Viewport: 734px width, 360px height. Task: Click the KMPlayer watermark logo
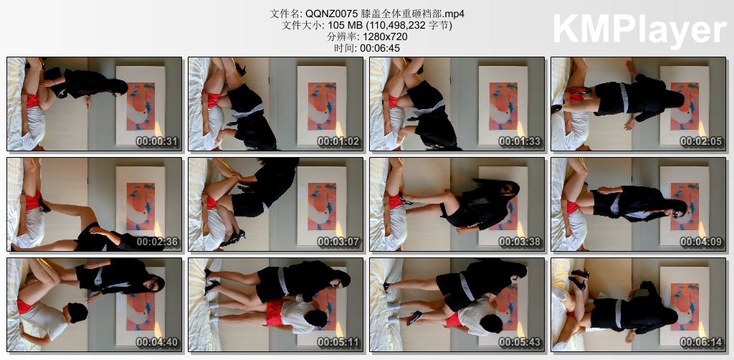coord(639,28)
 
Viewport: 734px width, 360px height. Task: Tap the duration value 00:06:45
coord(380,48)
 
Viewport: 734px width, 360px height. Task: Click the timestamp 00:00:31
coord(157,141)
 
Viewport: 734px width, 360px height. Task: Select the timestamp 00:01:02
coord(339,141)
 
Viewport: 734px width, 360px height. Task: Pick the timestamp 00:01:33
coord(520,141)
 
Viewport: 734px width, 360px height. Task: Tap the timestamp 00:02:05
coord(701,141)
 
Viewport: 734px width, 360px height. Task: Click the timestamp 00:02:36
coord(157,242)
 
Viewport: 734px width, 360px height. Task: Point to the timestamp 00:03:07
coord(339,242)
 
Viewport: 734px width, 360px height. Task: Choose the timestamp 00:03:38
coord(520,242)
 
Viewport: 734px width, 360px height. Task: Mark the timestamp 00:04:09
coord(701,242)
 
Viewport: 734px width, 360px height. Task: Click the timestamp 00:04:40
coord(157,343)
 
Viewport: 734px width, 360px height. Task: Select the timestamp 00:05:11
coord(339,343)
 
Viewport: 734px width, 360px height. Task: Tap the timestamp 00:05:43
coord(520,343)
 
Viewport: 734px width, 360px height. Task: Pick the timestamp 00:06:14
coord(701,343)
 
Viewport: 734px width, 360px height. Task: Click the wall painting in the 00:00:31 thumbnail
coord(140,106)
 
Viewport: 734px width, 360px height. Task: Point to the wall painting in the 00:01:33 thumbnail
coord(503,106)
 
